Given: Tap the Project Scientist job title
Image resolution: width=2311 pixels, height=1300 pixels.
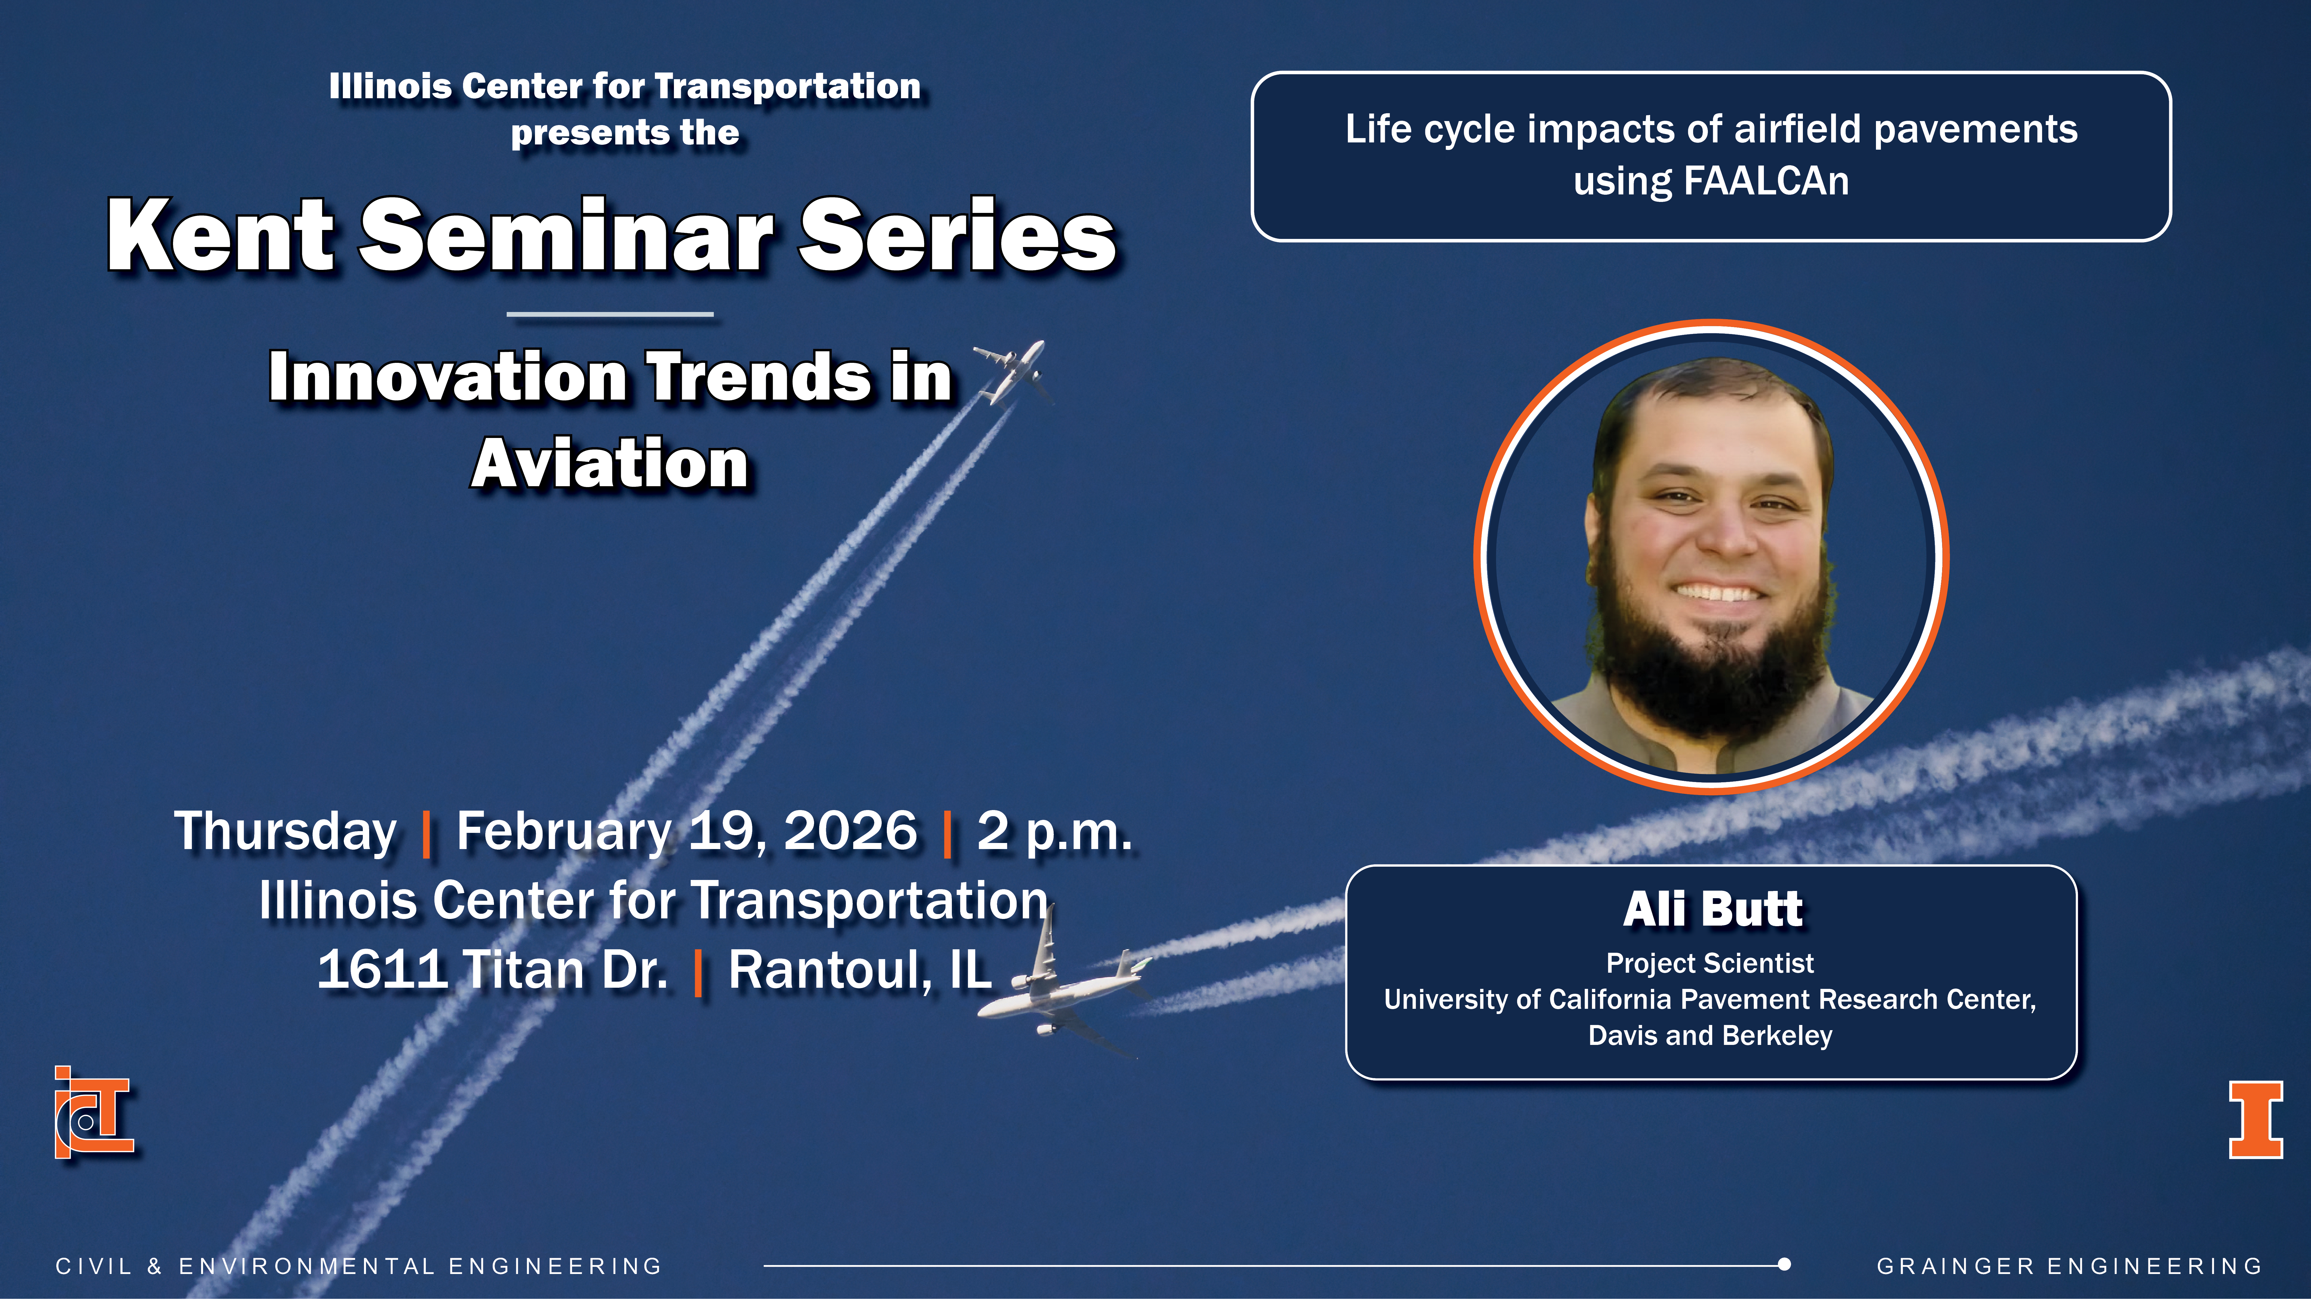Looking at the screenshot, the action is [x=1710, y=963].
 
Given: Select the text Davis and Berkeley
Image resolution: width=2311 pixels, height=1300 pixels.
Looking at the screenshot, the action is [x=1710, y=1035].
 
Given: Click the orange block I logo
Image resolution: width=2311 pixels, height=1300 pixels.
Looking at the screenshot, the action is [x=2256, y=1120].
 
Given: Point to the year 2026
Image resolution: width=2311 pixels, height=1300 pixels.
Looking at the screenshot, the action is [x=850, y=831].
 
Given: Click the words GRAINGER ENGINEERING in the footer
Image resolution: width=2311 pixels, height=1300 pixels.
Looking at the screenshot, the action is [x=2070, y=1266].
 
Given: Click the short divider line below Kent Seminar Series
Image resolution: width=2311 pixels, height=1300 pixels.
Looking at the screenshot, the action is [x=610, y=314].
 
